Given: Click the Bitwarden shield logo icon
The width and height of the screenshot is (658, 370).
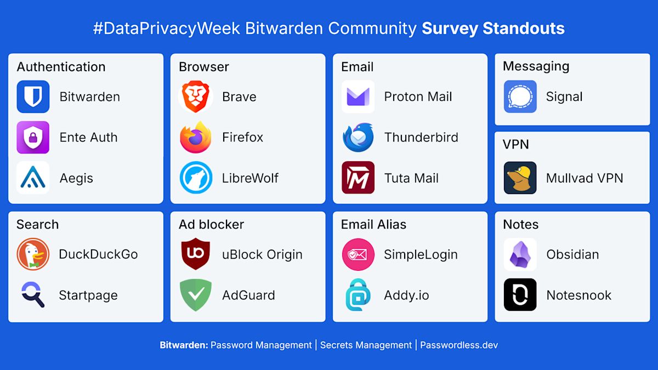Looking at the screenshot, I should tap(33, 97).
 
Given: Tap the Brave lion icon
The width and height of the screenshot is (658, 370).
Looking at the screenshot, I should tap(196, 97).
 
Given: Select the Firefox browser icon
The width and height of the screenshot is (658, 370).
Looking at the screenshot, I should tap(196, 137).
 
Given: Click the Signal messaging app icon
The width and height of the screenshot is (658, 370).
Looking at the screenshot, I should tap(520, 97).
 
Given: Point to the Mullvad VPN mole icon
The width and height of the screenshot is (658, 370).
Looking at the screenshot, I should tap(520, 178).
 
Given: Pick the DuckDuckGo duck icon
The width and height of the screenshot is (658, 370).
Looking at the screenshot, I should tap(33, 254).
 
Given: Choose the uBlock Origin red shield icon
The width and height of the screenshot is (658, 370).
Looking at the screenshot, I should tap(196, 254).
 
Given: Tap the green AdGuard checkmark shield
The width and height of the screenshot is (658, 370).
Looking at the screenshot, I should tap(196, 295).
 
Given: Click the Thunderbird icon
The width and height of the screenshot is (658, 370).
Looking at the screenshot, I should tap(358, 137).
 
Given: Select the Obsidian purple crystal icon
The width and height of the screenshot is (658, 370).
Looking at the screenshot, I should tap(520, 254).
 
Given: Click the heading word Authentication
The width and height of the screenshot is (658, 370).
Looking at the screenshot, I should tap(61, 67).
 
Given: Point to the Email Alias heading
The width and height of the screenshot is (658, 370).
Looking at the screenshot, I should tap(373, 224).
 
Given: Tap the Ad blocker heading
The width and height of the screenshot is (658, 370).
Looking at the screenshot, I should tap(211, 224).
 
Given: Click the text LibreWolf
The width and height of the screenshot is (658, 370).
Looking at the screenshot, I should tap(250, 178).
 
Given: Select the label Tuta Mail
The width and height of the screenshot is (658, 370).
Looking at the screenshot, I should tap(411, 178).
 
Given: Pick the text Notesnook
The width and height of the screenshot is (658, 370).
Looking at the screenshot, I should tap(578, 295).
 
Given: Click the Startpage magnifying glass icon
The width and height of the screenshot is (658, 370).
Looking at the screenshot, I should tap(33, 294).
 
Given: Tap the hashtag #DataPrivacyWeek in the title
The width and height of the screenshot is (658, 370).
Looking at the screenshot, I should tap(167, 29).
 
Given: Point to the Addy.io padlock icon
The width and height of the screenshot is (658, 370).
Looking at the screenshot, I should tap(358, 295).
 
